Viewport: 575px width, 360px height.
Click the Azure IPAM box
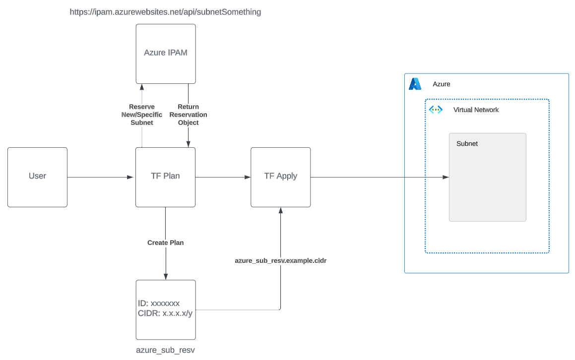click(166, 53)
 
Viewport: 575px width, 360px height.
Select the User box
click(37, 177)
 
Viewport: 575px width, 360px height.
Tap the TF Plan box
click(166, 177)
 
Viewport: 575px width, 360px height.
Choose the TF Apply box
click(280, 177)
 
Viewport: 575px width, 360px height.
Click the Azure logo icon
click(415, 84)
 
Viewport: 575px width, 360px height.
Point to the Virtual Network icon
click(436, 110)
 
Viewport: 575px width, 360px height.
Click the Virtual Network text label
click(476, 110)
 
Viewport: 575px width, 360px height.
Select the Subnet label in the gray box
click(467, 144)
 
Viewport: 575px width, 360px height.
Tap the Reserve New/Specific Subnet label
click(142, 115)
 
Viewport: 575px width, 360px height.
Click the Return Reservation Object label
click(189, 115)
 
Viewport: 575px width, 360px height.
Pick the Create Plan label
click(165, 243)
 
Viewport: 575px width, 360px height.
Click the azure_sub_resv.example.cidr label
click(280, 260)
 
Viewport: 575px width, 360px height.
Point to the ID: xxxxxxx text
click(159, 303)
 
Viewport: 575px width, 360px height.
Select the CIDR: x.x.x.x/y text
click(165, 313)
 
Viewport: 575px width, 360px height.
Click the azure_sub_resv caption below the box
click(165, 350)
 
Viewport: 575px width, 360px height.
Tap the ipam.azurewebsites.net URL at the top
click(165, 12)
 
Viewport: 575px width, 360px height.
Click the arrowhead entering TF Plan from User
click(131, 177)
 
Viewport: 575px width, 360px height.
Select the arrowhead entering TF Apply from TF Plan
click(247, 177)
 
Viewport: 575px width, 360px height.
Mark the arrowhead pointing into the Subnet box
click(446, 177)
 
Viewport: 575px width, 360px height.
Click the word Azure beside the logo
click(442, 84)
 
